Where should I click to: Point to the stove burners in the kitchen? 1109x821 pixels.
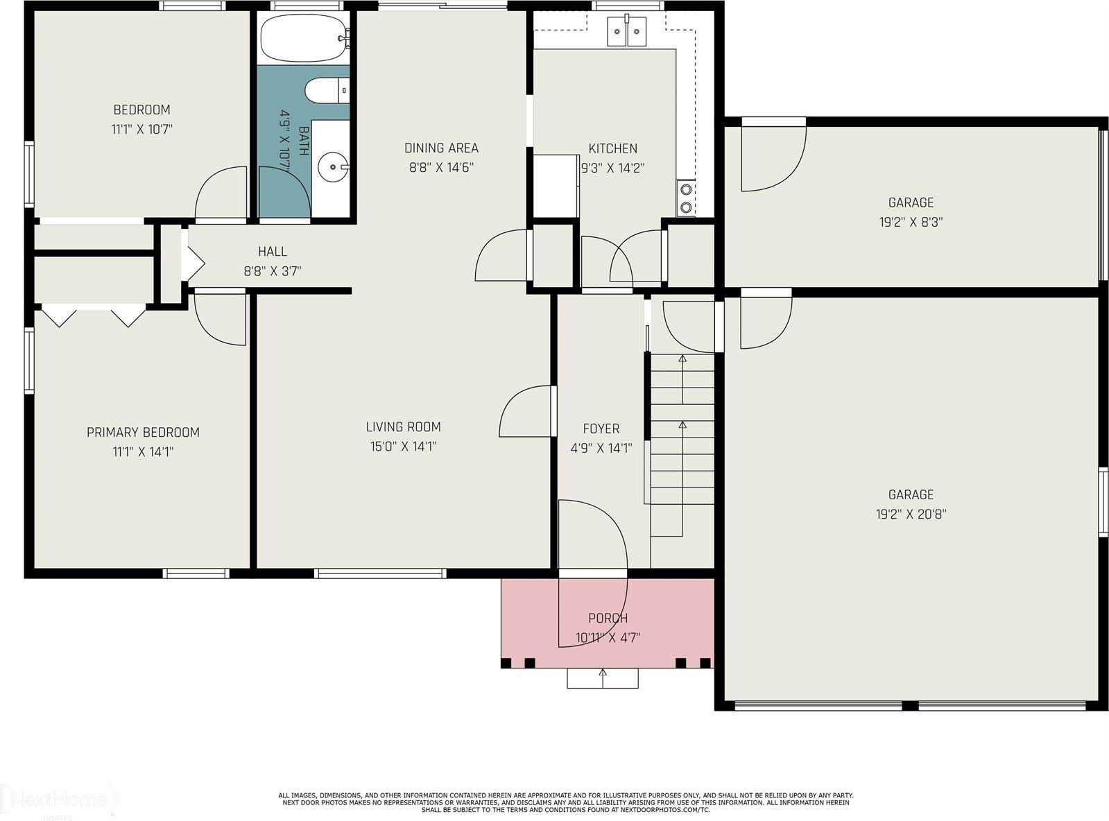coord(685,198)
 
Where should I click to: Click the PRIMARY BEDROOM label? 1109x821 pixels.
coord(143,432)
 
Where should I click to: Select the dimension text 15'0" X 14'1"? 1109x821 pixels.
coord(404,447)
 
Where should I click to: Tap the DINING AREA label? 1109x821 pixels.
coord(441,148)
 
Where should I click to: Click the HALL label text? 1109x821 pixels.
coord(273,252)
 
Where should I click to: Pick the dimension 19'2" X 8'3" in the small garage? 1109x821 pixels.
coord(911,222)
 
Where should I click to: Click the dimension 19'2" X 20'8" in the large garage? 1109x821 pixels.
coord(911,514)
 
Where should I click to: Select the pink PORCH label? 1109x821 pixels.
coord(608,618)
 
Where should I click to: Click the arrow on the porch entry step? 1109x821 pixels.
coord(603,673)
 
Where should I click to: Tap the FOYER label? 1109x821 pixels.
coord(601,429)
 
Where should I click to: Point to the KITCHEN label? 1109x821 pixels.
coord(612,148)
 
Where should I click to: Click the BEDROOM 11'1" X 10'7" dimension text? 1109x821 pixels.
coord(142,129)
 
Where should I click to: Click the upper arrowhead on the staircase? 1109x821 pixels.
coord(682,358)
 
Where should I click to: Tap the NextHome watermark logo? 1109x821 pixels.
coord(59,800)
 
